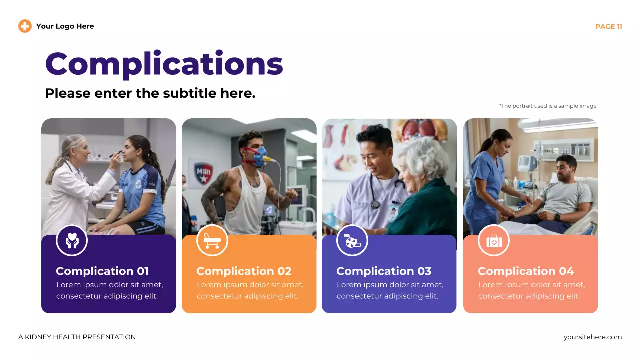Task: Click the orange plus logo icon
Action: (25, 26)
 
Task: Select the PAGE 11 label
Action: (608, 27)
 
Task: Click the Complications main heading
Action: (164, 64)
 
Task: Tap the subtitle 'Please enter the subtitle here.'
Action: (150, 93)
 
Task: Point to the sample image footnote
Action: (547, 106)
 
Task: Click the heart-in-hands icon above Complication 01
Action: (72, 241)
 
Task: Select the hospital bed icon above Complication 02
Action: (212, 241)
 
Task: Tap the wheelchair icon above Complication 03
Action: (352, 241)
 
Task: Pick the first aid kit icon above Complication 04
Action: (494, 241)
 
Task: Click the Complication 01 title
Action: (102, 271)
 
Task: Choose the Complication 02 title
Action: (244, 271)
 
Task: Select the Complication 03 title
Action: (384, 271)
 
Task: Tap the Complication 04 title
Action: (526, 271)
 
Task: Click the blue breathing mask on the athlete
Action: (259, 156)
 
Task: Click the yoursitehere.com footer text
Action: (592, 337)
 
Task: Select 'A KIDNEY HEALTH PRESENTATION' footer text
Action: (77, 337)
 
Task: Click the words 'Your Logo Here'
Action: (65, 26)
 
